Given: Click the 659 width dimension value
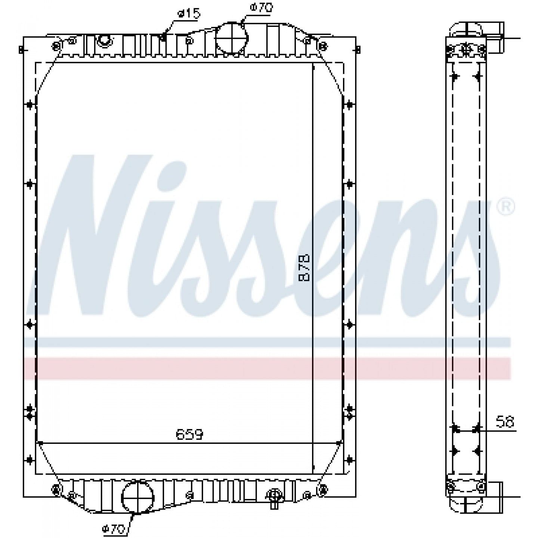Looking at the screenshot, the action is point(189,434).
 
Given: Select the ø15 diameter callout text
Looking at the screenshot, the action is point(189,13).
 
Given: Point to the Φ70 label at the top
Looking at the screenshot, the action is point(262,7).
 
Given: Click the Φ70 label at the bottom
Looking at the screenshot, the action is point(113,528).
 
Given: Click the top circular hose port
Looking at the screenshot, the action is point(232,38).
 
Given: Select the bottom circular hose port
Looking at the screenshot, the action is point(137,498).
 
